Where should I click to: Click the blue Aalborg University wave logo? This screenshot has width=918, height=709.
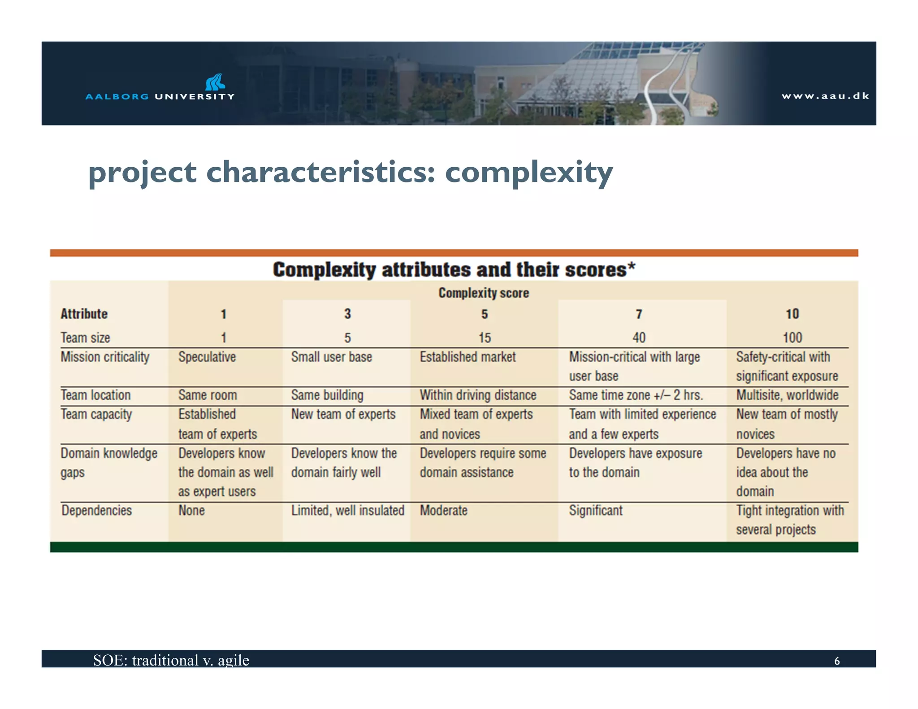coord(215,82)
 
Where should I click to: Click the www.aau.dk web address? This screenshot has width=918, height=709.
coord(825,96)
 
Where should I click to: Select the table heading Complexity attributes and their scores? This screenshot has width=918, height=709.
coord(454,270)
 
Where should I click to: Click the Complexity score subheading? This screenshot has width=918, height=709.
coord(483,293)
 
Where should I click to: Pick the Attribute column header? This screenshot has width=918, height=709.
coord(84,314)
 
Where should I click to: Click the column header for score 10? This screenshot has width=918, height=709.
coord(792,314)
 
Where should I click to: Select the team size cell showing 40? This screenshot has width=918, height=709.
coord(639,337)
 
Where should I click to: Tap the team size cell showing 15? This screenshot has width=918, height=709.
coord(484,337)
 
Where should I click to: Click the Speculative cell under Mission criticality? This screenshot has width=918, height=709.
coord(207,357)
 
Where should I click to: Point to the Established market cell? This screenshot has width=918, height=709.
coord(468,357)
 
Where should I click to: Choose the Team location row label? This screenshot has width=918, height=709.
coord(95,395)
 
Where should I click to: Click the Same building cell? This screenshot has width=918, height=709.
coord(327,395)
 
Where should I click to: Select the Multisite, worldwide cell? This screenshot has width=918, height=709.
coord(787,395)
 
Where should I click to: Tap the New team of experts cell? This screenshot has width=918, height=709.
coord(343,415)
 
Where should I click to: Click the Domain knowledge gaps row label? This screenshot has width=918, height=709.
coord(108,462)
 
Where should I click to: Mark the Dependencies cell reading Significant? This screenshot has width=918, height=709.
coord(596,510)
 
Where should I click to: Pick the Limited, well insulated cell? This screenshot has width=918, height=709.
coord(347,510)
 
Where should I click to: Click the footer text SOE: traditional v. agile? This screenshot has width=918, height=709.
coord(171,660)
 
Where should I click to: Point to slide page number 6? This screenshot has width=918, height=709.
coord(836,661)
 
